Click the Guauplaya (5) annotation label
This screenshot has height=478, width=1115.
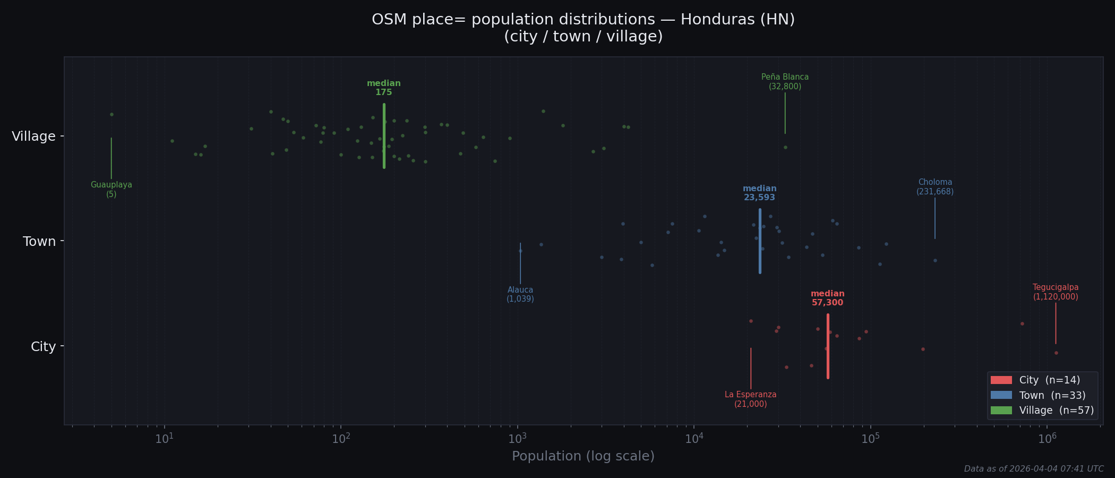point(111,190)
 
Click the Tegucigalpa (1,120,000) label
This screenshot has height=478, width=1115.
point(1056,292)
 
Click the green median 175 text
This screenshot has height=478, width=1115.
point(384,88)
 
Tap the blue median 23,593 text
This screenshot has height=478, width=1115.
point(759,193)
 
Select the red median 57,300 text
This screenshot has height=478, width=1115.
point(827,298)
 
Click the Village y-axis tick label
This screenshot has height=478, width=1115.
point(34,136)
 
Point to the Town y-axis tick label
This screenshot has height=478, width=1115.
point(39,242)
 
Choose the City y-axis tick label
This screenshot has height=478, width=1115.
point(43,347)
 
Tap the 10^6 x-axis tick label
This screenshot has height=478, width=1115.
point(1047,438)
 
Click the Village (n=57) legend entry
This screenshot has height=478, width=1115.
point(1041,411)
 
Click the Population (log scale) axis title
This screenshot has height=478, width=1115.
point(583,456)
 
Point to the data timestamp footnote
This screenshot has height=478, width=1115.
point(1033,469)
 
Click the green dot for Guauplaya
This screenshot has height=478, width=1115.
point(111,114)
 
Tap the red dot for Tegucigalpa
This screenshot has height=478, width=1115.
point(1056,353)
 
